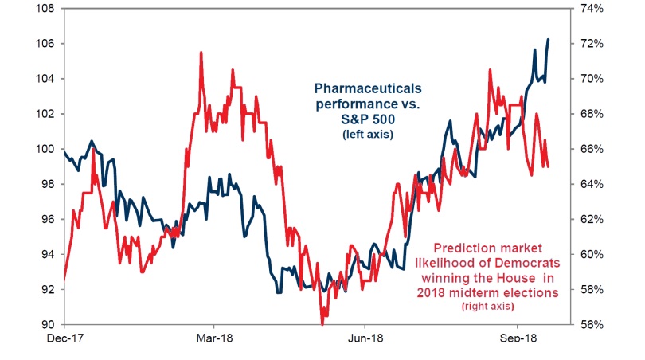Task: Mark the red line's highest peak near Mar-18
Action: pos(201,53)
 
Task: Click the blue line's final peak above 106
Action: pos(548,39)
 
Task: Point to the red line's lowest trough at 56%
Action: pos(322,323)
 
